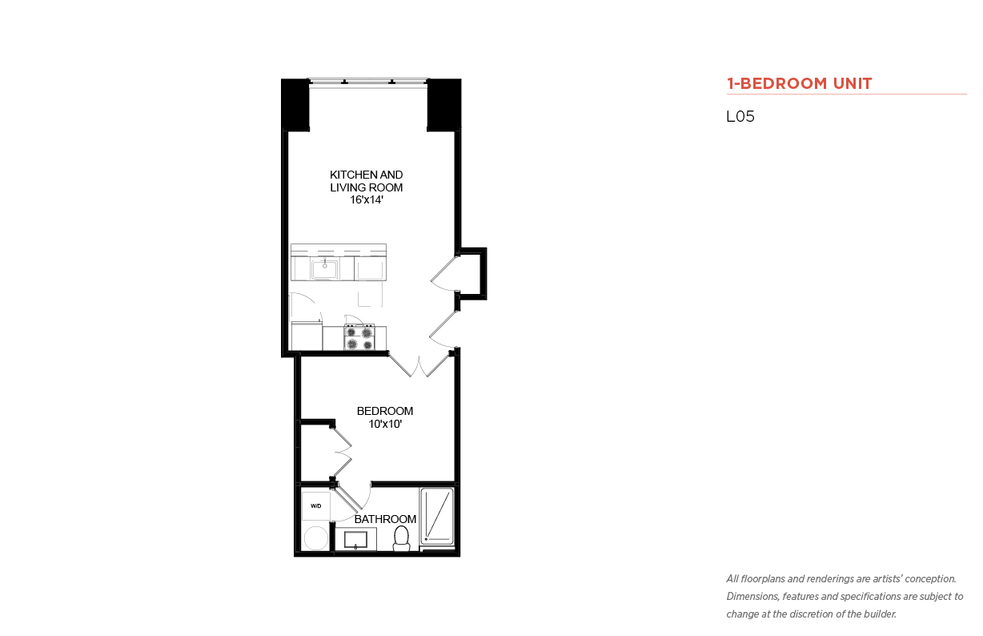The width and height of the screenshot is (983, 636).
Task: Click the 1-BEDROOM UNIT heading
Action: [x=799, y=83]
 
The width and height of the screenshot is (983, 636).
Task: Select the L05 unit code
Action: [x=740, y=116]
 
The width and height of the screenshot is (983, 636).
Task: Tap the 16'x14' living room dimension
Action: [x=367, y=200]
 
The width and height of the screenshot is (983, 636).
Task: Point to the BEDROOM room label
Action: [x=385, y=411]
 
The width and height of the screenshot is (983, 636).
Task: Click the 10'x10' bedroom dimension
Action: [x=385, y=424]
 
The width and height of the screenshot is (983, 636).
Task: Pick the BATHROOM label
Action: [x=385, y=519]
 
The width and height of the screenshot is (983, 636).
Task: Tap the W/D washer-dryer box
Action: [x=316, y=506]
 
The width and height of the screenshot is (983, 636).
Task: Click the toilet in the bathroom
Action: [x=401, y=538]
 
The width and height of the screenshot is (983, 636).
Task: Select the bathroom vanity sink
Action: [x=356, y=540]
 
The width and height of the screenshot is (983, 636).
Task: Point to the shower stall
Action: [x=437, y=516]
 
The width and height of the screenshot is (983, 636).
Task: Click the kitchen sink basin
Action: [x=324, y=268]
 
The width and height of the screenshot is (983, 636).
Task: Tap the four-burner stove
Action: [x=359, y=337]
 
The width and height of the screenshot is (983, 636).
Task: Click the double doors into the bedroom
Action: [x=419, y=364]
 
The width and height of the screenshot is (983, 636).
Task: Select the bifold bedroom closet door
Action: [x=343, y=453]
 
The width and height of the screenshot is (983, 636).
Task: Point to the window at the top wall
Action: [x=368, y=83]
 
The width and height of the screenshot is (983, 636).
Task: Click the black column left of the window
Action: [x=295, y=105]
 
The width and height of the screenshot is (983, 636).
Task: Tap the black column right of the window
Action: [x=444, y=105]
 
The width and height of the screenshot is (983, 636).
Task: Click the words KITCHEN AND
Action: [x=367, y=175]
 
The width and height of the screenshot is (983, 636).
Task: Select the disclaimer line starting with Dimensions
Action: [x=845, y=597]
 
